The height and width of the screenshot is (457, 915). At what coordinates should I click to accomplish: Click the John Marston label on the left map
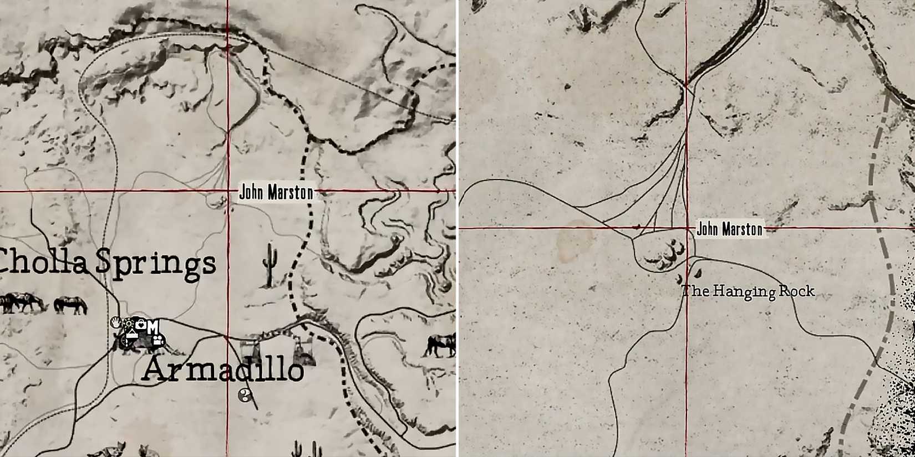(276, 192)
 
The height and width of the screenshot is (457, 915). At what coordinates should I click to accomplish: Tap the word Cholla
(44, 261)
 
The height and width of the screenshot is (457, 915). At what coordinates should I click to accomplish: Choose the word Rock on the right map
(797, 291)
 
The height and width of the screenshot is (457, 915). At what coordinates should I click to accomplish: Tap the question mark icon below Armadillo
(245, 396)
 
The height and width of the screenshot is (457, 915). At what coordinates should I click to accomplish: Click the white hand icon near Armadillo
(115, 322)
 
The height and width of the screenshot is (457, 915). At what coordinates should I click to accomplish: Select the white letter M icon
(152, 327)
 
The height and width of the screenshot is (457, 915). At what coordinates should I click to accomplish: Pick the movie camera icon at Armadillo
(157, 340)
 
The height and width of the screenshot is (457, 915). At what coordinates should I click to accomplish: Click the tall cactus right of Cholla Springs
(270, 265)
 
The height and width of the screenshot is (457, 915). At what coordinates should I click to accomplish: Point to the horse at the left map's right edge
(441, 344)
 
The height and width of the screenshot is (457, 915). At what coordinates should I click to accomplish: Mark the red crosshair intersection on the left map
(227, 191)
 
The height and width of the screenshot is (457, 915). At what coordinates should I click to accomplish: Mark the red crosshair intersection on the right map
(687, 228)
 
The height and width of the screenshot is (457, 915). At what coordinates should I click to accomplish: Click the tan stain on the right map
(575, 241)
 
